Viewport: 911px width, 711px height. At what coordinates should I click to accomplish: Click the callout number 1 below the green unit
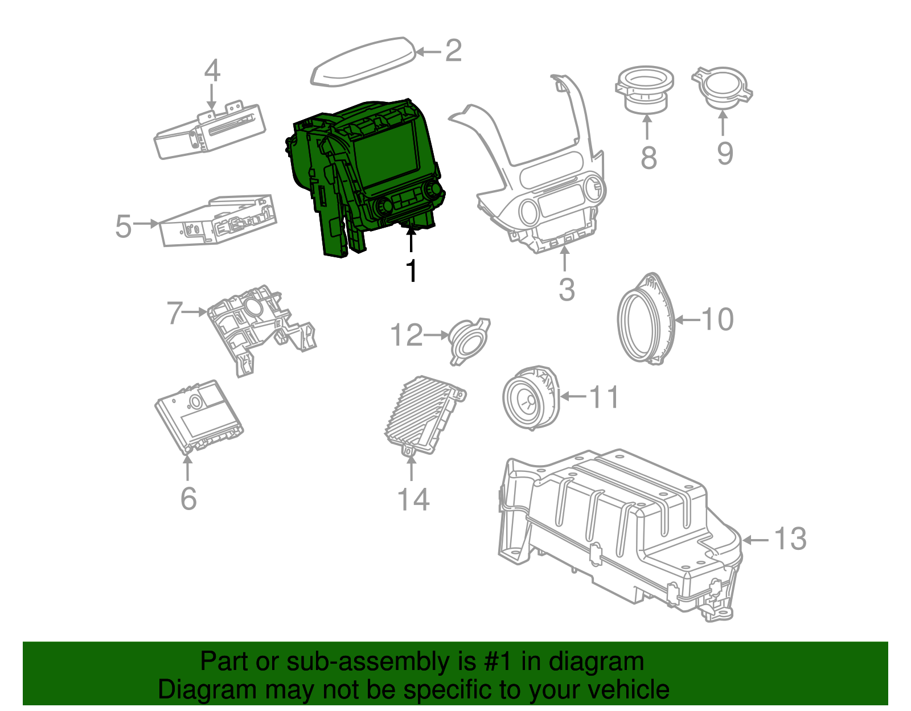click(411, 271)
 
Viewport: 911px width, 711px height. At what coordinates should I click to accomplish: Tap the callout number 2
click(453, 51)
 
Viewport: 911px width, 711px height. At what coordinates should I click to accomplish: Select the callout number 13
click(790, 539)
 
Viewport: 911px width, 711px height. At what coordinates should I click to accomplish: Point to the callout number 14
click(413, 500)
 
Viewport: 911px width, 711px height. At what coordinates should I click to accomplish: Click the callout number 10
click(717, 319)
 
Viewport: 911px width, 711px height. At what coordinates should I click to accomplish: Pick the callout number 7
click(175, 313)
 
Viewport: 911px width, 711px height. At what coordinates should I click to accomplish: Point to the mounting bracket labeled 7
click(256, 327)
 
